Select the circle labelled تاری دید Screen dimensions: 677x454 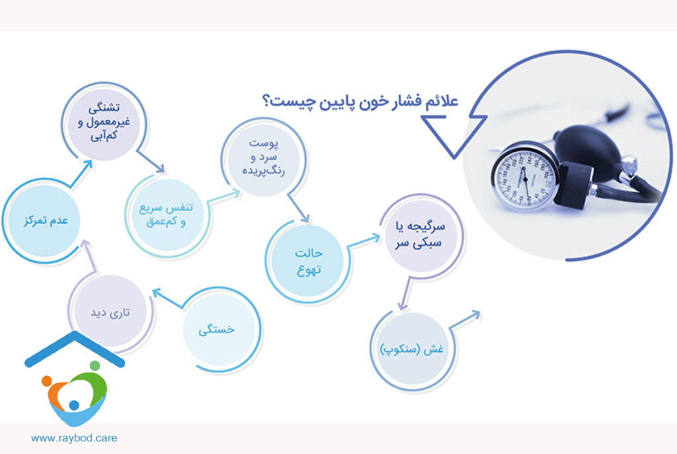point(110,311)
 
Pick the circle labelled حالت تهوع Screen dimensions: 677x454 point(308,261)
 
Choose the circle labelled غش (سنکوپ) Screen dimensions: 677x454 point(412,348)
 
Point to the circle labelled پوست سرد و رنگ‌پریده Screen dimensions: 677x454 point(263,158)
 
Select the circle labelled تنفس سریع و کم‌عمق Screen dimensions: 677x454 point(167,215)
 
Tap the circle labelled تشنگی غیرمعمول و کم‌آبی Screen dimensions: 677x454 point(104,122)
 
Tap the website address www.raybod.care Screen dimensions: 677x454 point(74,438)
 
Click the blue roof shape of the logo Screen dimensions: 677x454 point(75,348)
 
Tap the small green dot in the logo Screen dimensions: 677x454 point(95,366)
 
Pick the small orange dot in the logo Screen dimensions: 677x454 point(46,381)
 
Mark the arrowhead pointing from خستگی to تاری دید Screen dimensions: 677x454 point(158,293)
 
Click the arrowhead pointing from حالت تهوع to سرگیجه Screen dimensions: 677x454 point(375,237)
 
